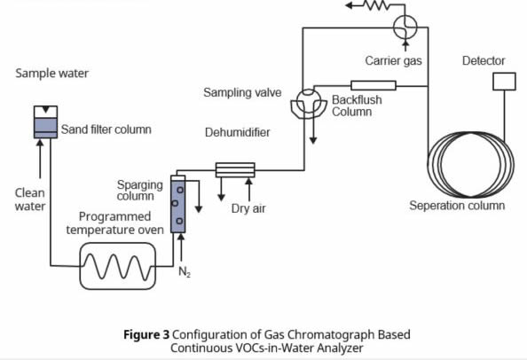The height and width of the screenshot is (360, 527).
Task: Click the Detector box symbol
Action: click(503, 82)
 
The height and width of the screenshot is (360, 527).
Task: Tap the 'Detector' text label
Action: click(484, 61)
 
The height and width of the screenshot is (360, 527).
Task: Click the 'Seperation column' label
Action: click(457, 206)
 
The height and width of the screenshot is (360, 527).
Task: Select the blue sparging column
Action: click(178, 205)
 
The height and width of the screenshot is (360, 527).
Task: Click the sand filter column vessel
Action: click(43, 124)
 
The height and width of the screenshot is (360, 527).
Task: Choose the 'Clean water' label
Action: click(29, 200)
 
